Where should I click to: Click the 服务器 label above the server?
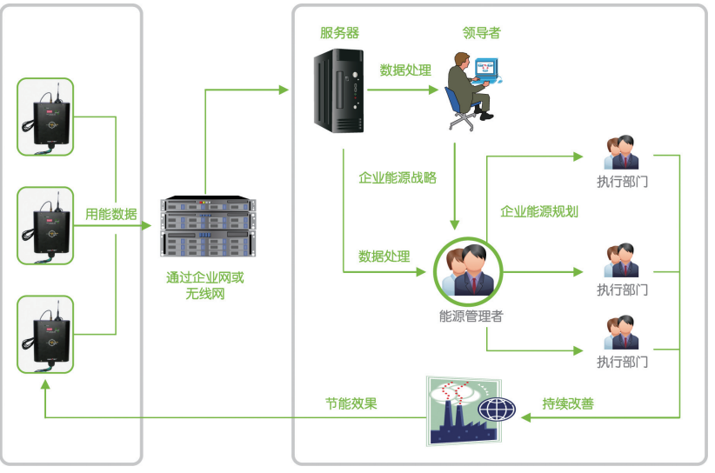click(x=339, y=33)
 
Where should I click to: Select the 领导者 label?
click(x=481, y=33)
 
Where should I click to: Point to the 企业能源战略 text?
click(x=398, y=177)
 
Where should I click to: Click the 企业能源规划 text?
click(x=539, y=211)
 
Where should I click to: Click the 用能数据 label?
click(x=110, y=214)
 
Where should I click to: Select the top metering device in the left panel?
click(x=46, y=117)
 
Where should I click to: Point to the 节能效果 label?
click(x=351, y=404)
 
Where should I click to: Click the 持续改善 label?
click(x=567, y=404)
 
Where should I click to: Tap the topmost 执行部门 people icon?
click(x=622, y=153)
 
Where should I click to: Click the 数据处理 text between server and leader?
click(x=405, y=70)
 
